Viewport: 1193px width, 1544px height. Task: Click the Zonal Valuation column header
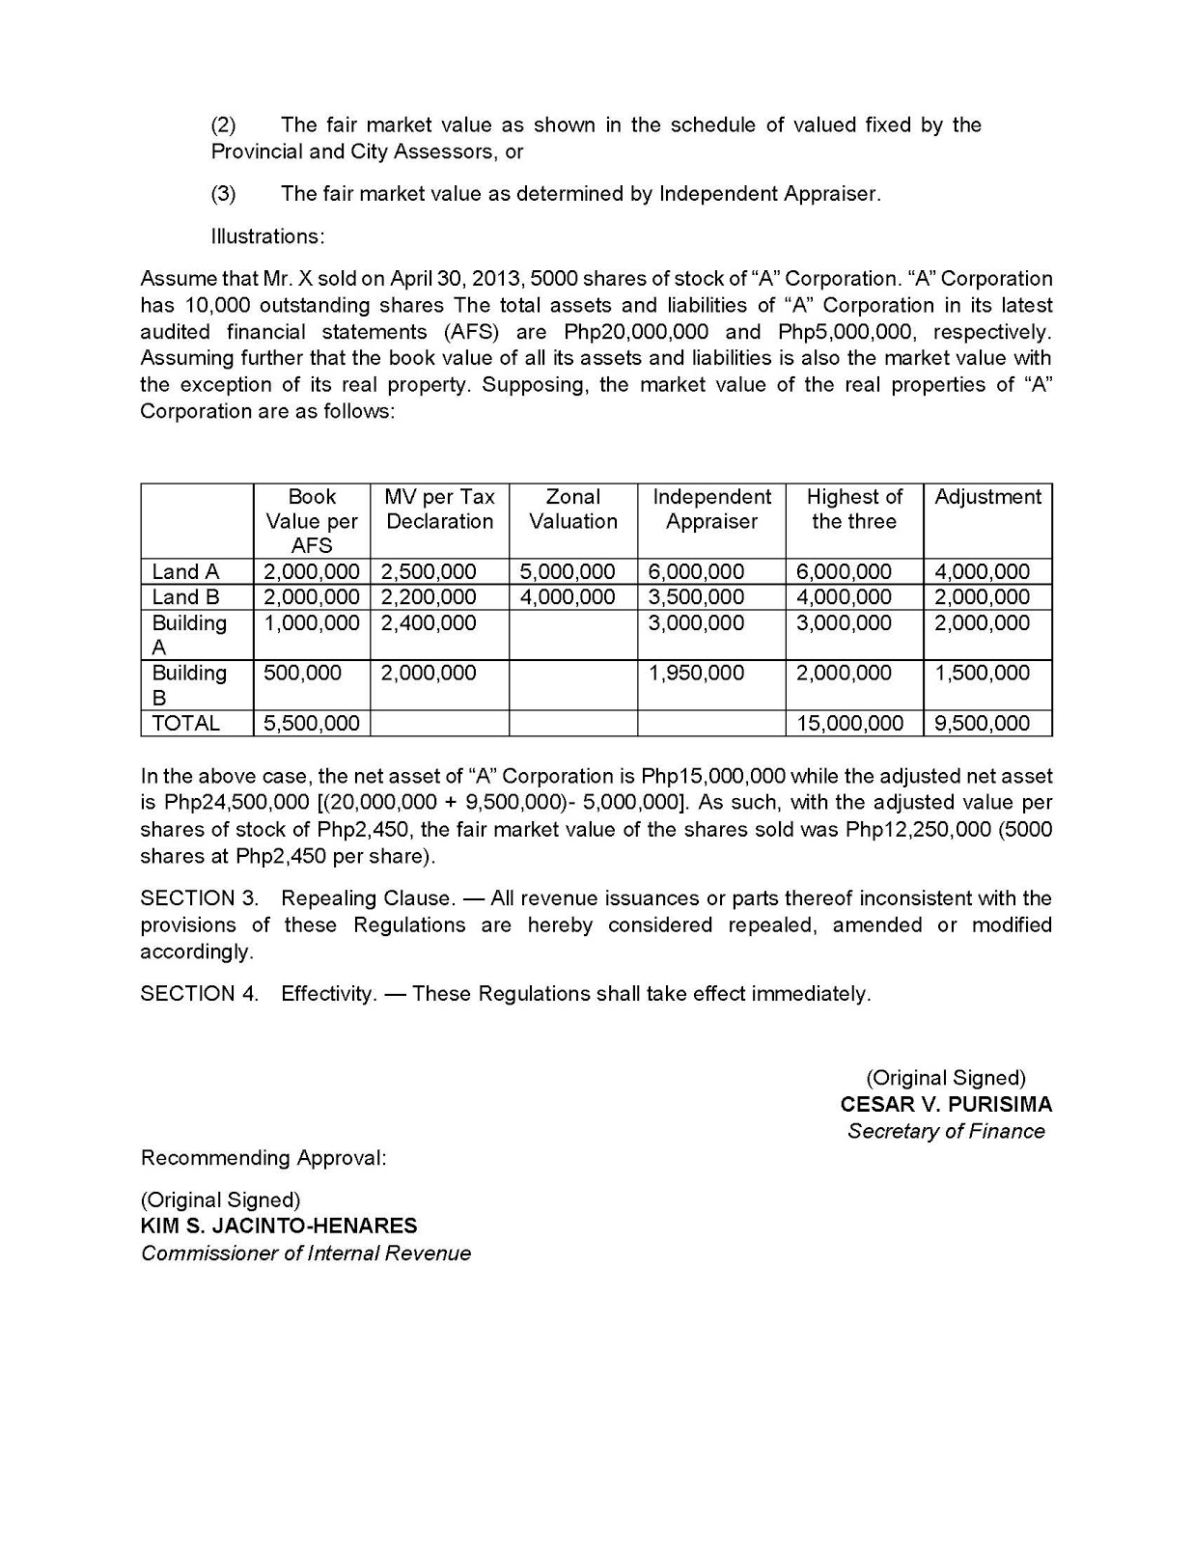(x=573, y=510)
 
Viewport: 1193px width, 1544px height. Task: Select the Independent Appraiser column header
(x=711, y=510)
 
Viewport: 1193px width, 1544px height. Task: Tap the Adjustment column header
(x=987, y=497)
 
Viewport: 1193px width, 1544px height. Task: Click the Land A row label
(x=185, y=572)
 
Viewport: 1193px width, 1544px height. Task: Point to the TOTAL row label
(x=185, y=724)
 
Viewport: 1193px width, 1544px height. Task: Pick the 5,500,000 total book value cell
(x=312, y=724)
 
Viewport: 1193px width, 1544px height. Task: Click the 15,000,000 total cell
(x=849, y=724)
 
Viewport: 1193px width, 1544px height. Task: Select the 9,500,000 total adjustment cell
(x=982, y=724)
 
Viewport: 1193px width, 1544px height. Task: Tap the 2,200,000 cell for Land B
(x=429, y=597)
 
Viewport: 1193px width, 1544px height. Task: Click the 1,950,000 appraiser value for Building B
(x=696, y=674)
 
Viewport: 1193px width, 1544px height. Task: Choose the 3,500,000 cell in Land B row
(x=696, y=597)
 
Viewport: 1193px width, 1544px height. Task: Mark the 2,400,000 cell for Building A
(x=429, y=623)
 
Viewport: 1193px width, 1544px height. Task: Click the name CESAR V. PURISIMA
(x=946, y=1105)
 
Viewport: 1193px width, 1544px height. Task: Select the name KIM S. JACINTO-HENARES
(x=279, y=1227)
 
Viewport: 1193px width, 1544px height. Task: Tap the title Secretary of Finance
(x=946, y=1132)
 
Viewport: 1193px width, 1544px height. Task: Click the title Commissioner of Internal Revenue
(x=306, y=1254)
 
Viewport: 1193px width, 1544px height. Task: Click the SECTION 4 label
(x=199, y=994)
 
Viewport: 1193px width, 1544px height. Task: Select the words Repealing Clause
(x=367, y=898)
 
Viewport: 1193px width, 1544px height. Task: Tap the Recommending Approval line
(x=264, y=1158)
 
